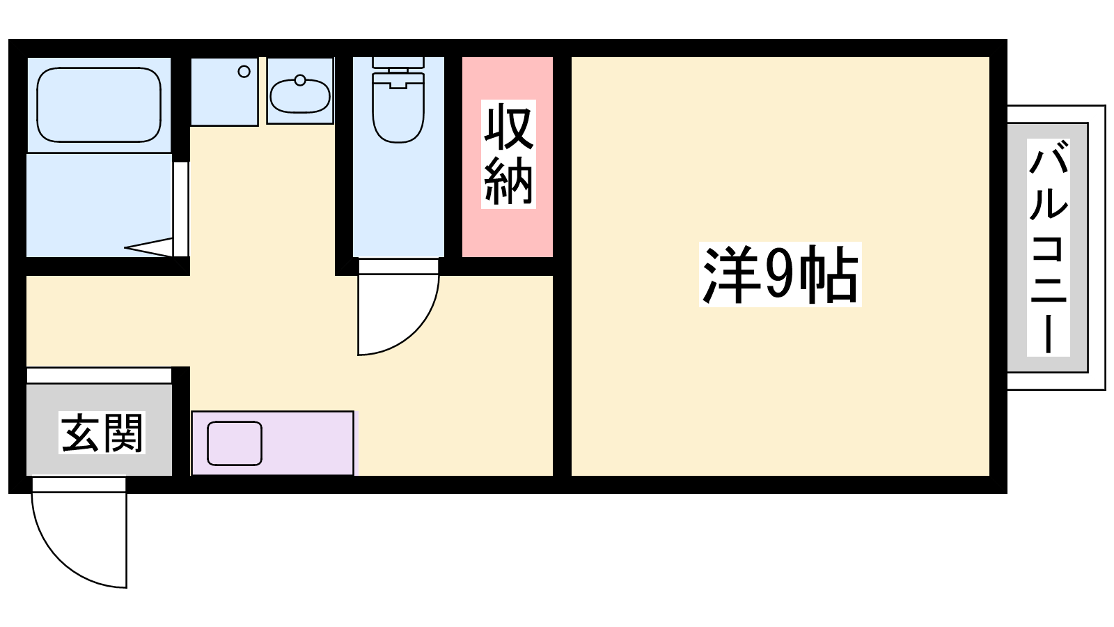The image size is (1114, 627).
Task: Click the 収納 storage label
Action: coord(508,154)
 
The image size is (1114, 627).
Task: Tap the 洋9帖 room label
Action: coord(780,274)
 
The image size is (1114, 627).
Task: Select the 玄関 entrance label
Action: coord(102,433)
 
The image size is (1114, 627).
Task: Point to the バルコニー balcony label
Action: coord(1049,247)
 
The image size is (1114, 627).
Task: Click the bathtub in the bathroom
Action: coord(99,105)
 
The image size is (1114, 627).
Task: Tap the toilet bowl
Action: coord(398,108)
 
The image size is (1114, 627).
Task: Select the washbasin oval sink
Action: coord(300,96)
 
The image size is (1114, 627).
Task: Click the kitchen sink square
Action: coord(235,443)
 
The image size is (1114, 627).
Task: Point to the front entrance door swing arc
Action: coord(60,562)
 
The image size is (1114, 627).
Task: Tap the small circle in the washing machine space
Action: coord(244,72)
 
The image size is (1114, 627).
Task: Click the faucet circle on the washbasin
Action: coord(300,79)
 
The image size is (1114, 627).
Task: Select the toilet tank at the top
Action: coord(398,63)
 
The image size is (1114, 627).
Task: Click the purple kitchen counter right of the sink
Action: coord(308,443)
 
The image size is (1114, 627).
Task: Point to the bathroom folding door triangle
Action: coord(149,247)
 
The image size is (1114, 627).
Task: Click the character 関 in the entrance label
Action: coord(123,433)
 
